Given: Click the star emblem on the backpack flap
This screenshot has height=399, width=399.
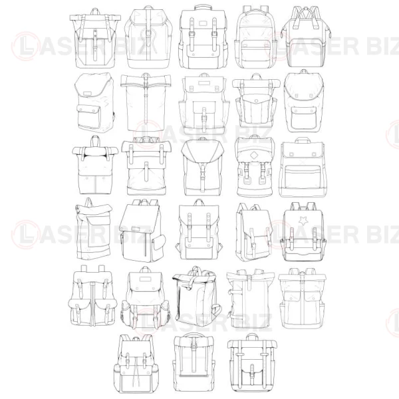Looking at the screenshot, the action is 303,220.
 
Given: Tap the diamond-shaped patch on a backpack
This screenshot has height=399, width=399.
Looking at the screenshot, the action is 253,155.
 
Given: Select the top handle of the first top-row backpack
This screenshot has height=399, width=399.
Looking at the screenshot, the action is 95,12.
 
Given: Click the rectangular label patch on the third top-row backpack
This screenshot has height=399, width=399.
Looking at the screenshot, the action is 203,24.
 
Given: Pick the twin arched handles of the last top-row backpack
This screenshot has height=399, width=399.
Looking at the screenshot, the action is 306,16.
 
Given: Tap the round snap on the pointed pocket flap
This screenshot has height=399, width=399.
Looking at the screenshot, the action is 256,101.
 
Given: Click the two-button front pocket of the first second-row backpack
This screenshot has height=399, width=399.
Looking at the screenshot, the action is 89,118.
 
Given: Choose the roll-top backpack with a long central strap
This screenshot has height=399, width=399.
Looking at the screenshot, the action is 146,102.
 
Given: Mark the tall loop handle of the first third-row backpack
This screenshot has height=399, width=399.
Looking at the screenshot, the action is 95,142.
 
